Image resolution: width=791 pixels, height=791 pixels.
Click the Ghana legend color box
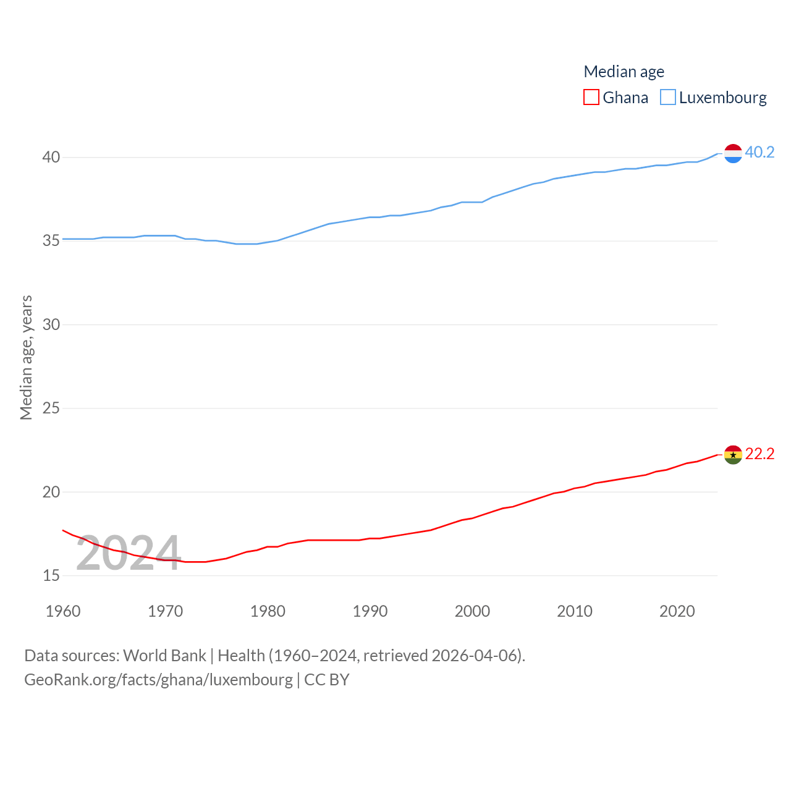591,98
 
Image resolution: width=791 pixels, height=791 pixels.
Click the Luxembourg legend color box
668,98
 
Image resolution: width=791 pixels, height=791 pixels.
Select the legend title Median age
624,72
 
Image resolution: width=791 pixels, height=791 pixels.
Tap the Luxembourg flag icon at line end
733,153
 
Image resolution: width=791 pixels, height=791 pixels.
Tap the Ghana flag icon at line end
733,455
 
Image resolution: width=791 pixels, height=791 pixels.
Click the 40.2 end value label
759,152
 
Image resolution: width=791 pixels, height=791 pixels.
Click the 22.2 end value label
759,454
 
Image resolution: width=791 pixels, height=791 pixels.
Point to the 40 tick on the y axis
51,158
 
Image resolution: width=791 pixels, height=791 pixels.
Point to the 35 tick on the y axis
51,241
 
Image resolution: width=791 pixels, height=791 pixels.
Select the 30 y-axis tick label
51,324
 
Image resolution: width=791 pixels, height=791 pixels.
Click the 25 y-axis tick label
51,408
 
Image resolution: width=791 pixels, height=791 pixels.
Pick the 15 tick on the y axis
51,576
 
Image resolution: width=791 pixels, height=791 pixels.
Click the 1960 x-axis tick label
63,611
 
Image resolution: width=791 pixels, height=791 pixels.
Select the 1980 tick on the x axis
268,611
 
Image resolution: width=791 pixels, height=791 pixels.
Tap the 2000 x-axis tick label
472,611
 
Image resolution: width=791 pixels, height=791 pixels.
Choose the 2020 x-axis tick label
677,611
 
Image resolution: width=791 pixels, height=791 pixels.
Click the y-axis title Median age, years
26,358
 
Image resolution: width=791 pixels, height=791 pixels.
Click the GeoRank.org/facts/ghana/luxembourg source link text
158,680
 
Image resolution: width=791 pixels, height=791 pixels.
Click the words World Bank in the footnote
164,656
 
